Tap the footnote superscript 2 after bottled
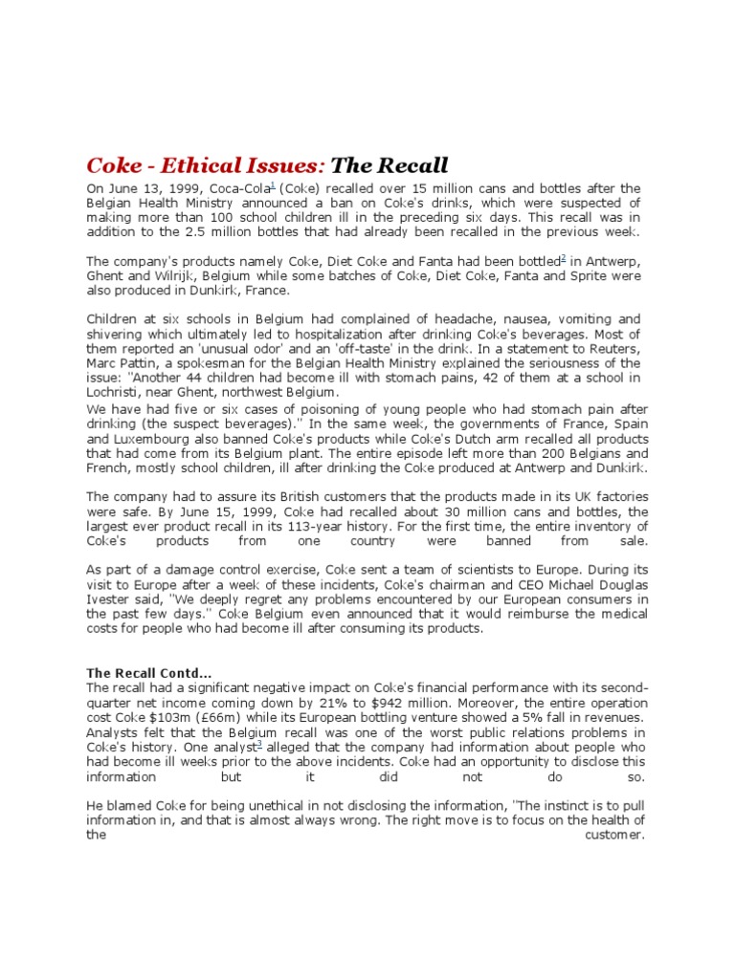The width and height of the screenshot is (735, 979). [x=564, y=258]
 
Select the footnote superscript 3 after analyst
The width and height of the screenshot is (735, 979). [x=258, y=742]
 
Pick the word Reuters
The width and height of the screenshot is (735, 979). [x=616, y=348]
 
